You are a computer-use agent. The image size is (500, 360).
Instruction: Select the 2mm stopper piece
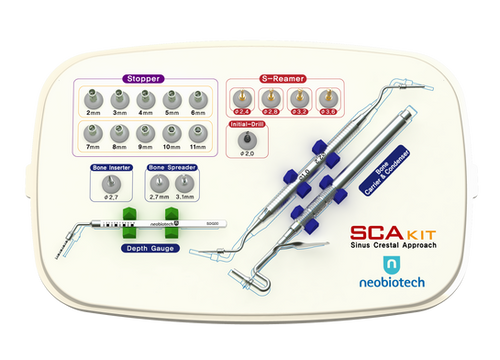click(x=94, y=100)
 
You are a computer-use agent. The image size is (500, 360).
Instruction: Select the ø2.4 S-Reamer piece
click(x=241, y=98)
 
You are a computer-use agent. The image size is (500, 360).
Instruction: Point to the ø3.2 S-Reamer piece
click(x=297, y=98)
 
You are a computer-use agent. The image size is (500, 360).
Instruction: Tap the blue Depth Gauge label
click(x=147, y=246)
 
